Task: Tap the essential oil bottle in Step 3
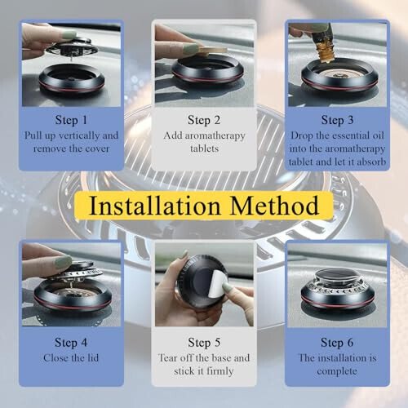(x=327, y=41)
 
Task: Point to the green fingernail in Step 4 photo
(x=62, y=262)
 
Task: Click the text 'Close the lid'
(x=71, y=357)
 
